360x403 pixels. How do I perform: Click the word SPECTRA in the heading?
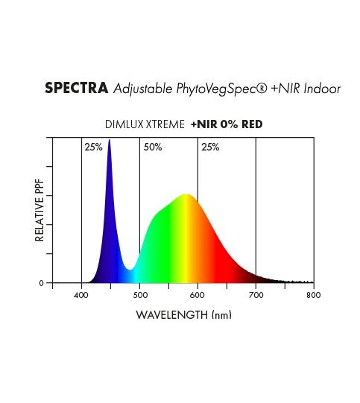coord(76,88)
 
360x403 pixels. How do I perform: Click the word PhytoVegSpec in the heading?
coord(219,89)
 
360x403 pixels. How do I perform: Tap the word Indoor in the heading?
coord(322,89)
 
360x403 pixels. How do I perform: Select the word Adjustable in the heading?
coord(143,89)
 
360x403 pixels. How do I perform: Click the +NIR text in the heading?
coord(285,89)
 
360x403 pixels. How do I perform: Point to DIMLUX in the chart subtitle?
coord(124,124)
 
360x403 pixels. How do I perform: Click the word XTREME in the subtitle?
coord(165,124)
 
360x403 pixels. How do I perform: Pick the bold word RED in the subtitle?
coord(252,124)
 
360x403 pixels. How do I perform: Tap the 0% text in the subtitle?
coord(229,124)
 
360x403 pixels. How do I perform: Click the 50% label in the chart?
coord(153,147)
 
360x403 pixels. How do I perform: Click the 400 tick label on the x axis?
coord(81,295)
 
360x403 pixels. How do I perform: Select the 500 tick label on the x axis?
coord(140,295)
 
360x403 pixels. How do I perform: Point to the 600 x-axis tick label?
coord(198,295)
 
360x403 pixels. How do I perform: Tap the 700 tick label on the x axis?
coord(256,295)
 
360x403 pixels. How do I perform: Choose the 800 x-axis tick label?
coord(314,295)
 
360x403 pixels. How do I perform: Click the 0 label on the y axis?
coord(42,283)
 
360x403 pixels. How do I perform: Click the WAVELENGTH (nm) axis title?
coord(184,315)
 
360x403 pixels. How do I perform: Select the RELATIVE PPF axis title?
coord(40,211)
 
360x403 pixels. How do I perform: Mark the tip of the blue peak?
coord(110,139)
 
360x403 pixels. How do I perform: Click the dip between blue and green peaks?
coord(130,270)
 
